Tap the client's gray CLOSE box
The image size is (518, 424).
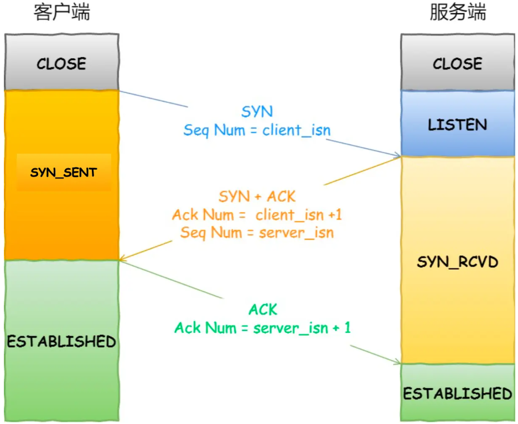(61, 63)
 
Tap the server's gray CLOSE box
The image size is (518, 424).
(458, 63)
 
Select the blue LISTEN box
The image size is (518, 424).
(458, 124)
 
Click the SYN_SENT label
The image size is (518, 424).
(63, 172)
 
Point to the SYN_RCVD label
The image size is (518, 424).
(458, 261)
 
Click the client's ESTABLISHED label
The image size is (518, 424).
(61, 341)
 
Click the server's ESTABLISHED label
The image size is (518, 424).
(458, 394)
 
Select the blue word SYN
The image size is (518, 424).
(257, 112)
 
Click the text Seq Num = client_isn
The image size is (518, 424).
(257, 130)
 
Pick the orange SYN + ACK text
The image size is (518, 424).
(257, 196)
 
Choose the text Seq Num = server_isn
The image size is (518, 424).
(257, 232)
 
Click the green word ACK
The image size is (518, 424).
(263, 310)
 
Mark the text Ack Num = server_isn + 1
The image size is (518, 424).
(263, 328)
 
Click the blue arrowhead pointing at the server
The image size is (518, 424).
(397, 156)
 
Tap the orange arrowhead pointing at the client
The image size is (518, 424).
(123, 258)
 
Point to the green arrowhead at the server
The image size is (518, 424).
(397, 363)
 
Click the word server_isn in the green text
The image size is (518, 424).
(291, 328)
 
